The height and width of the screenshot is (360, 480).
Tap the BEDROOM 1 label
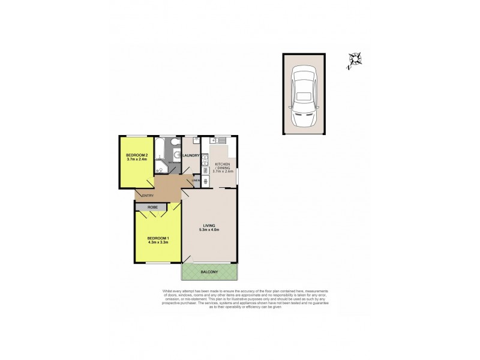(x=158, y=239)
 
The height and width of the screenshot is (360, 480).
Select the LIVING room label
(x=209, y=226)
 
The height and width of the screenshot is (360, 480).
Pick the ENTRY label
(x=146, y=194)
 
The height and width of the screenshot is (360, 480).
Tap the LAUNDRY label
(x=190, y=156)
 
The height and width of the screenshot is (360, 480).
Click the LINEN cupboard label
(x=195, y=181)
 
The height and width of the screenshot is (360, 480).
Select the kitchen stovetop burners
(x=206, y=179)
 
